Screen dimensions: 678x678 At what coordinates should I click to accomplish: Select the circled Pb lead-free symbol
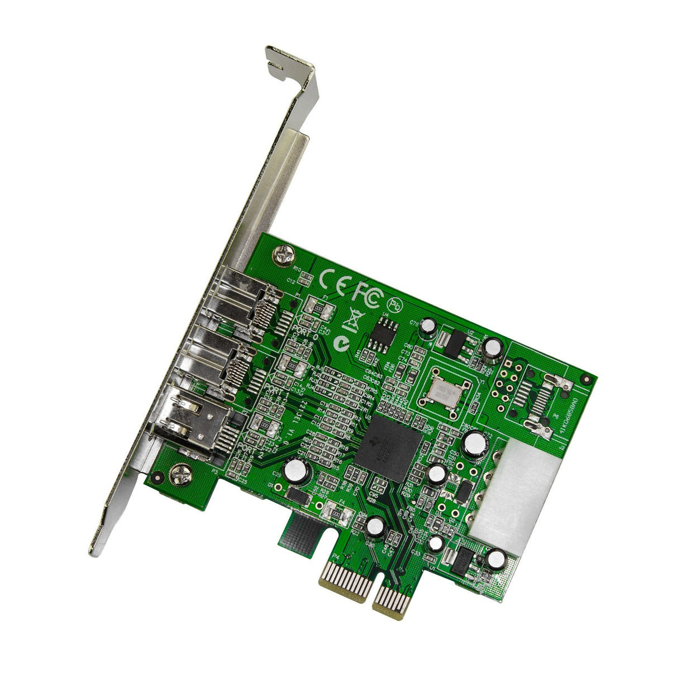(395, 304)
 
